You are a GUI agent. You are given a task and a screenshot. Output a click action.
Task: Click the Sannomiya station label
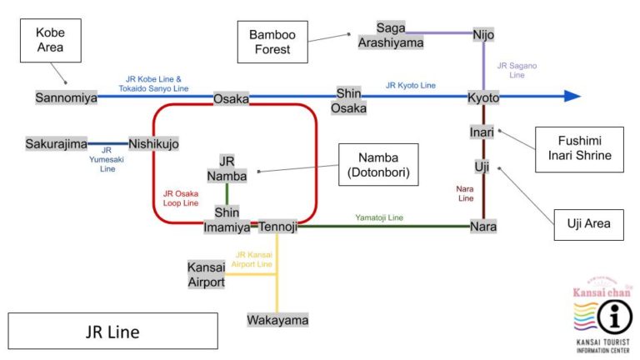pos(66,97)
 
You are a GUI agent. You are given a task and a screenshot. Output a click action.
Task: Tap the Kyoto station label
pos(483,97)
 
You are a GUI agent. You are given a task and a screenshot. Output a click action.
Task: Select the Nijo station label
pos(483,35)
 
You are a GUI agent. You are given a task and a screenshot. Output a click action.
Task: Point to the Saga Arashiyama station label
pos(391,35)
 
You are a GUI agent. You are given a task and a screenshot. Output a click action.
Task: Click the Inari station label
pos(482,132)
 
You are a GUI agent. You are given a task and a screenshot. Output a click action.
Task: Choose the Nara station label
pos(483,226)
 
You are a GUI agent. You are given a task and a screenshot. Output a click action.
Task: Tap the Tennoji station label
pos(277,227)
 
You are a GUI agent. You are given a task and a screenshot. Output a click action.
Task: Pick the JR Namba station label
pos(227,167)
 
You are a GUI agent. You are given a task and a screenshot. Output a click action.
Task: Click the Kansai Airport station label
pos(206,274)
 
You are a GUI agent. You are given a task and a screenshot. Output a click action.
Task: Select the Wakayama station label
pos(277,320)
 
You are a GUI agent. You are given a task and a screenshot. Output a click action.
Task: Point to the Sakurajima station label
pos(56,143)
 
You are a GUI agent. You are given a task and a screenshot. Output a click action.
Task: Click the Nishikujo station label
pos(153,143)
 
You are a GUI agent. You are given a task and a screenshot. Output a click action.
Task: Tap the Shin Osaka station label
pos(348,100)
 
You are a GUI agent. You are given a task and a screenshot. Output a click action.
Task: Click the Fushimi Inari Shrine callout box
pos(578,149)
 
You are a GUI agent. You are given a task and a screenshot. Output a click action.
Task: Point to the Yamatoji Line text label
pos(379,217)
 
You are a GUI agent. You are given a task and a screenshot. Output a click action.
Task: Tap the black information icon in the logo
pos(616,317)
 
